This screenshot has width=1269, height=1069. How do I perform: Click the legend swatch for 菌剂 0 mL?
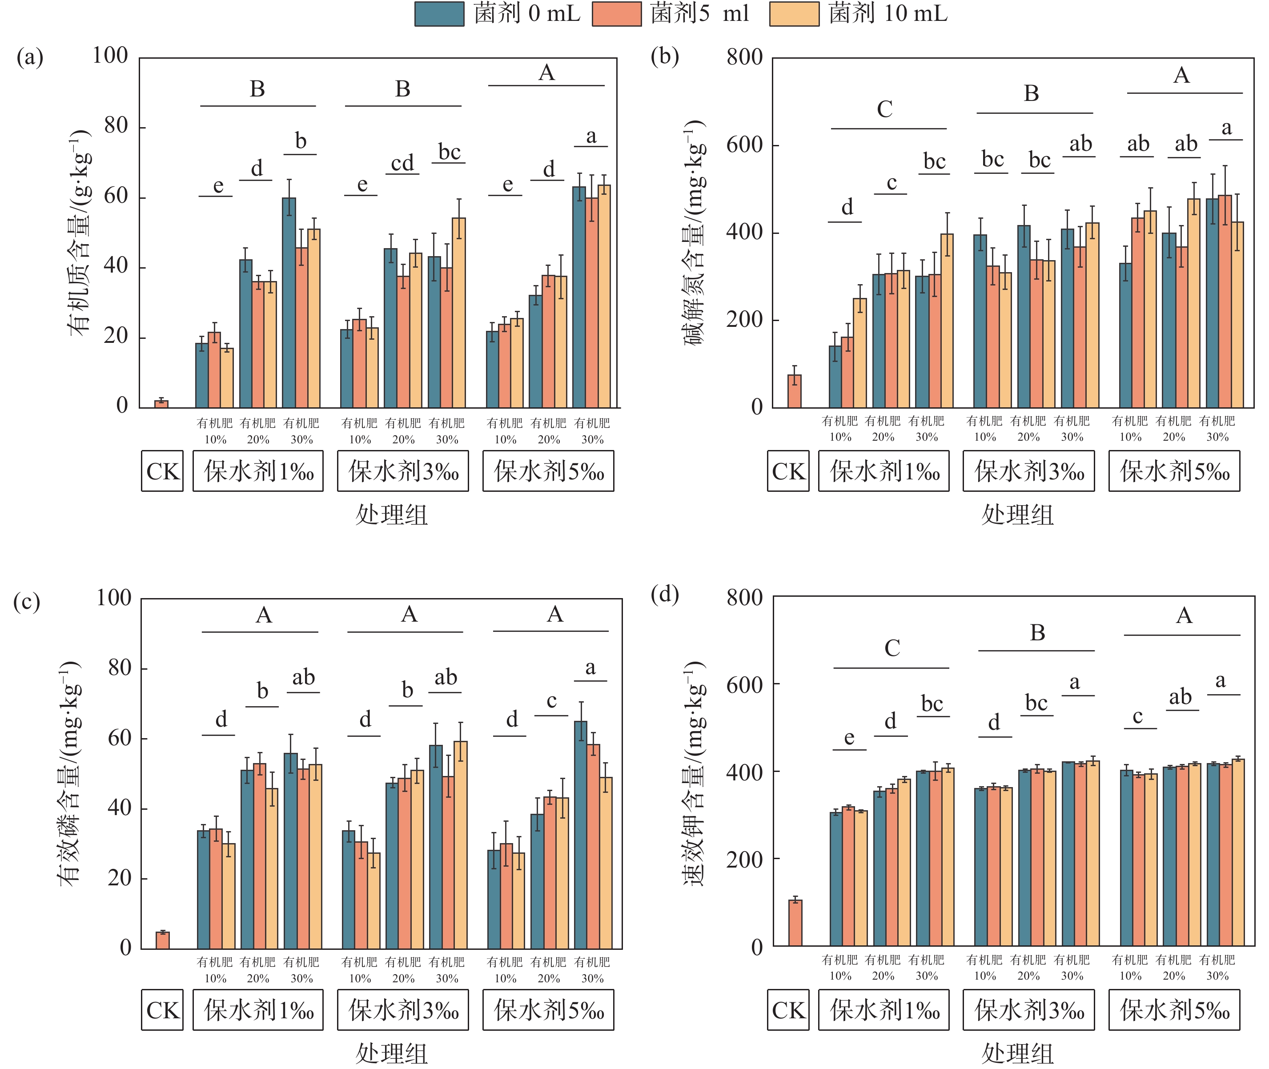tap(439, 14)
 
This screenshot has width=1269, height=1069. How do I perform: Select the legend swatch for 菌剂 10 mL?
tap(794, 14)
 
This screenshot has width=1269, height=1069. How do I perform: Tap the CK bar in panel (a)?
tap(161, 404)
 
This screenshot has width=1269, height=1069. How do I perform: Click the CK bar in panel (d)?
tap(795, 923)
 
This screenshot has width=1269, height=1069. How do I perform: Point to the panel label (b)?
tap(664, 56)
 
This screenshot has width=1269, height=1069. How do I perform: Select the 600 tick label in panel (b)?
tap(744, 145)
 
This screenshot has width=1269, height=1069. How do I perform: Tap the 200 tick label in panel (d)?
tap(744, 859)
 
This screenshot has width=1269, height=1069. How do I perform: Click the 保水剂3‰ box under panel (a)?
tap(403, 471)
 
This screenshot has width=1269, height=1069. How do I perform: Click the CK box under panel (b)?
tap(788, 471)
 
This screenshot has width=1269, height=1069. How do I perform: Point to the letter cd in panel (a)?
tap(402, 164)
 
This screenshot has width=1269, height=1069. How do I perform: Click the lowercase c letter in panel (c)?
tap(551, 701)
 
